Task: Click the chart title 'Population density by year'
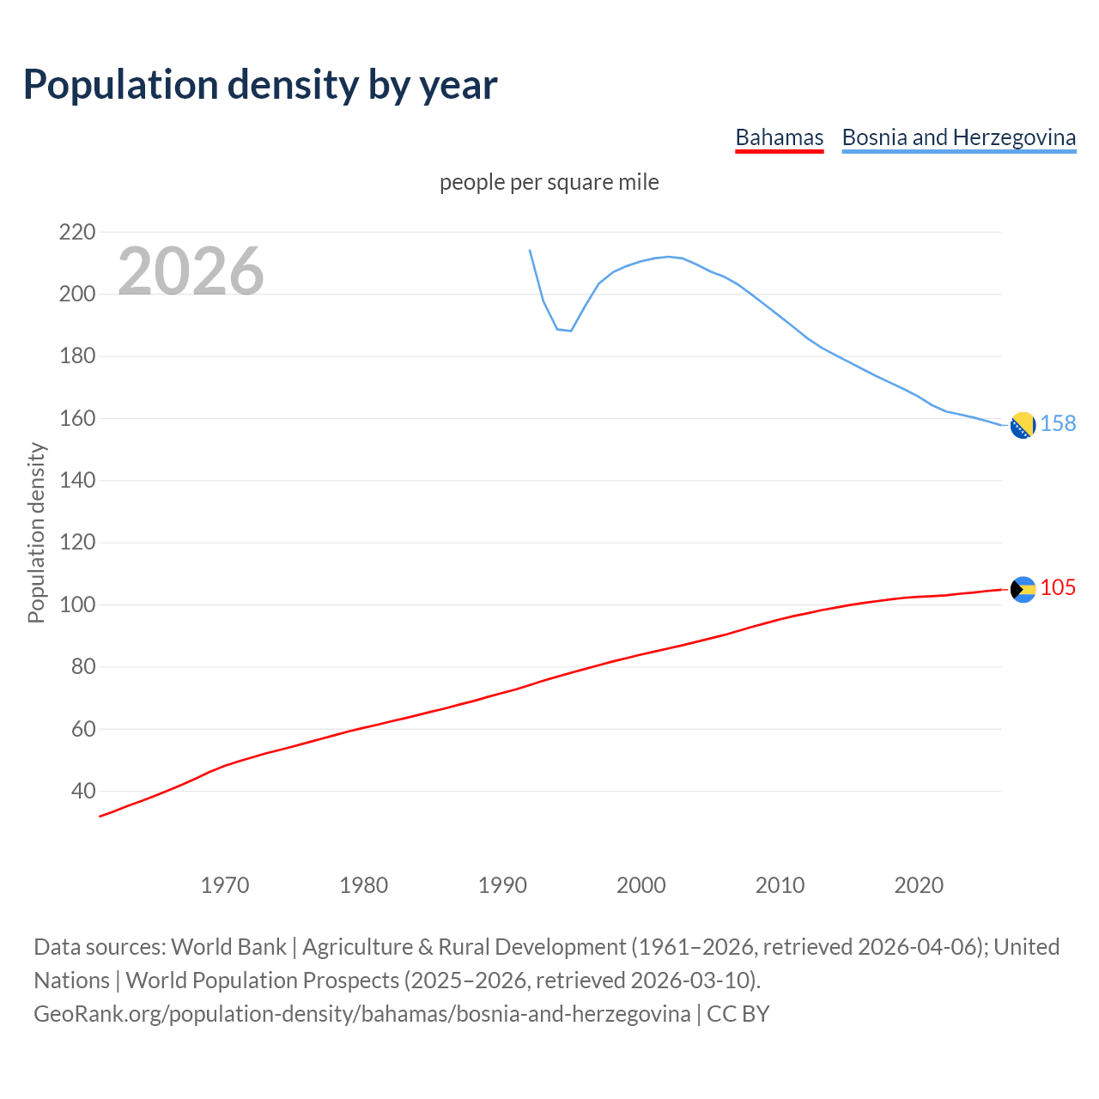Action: point(260,84)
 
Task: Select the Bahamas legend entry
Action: point(779,137)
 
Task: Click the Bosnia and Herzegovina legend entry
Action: point(958,137)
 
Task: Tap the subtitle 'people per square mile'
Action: point(549,182)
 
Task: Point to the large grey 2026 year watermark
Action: point(191,271)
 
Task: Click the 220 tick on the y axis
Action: point(77,232)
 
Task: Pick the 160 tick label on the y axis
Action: point(77,418)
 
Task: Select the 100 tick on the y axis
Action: point(77,604)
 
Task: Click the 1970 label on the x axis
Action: point(225,884)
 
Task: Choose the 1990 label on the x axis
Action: point(502,884)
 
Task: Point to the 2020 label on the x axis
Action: point(919,884)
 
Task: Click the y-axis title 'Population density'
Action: point(36,532)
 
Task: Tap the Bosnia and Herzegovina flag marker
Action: point(1023,425)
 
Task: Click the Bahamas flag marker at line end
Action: point(1023,589)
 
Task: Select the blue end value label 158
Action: point(1058,423)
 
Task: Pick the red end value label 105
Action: point(1058,587)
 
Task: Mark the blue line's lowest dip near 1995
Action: point(570,331)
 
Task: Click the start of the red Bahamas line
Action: point(100,816)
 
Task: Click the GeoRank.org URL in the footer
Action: point(361,1013)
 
